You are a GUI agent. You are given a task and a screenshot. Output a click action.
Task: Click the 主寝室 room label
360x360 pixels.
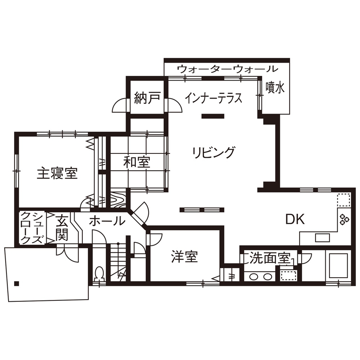point(57,174)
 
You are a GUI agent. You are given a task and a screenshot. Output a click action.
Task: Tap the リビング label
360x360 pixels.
point(213,152)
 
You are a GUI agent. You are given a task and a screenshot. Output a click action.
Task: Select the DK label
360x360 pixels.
point(295,219)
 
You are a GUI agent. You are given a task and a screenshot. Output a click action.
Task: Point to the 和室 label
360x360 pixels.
point(137,162)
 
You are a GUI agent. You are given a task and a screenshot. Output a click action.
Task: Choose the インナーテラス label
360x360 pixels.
point(213,98)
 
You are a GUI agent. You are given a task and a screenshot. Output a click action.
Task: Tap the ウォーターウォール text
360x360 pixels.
point(227,69)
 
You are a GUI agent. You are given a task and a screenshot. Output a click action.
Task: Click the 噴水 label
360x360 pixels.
point(275,88)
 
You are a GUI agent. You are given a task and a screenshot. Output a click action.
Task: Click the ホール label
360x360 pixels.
point(107,222)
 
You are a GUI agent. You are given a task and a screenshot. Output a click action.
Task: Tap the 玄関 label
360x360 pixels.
point(62,228)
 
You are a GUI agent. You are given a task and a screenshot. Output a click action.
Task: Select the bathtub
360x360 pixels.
point(338,265)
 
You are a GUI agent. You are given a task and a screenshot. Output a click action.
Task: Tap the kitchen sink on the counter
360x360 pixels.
point(321,237)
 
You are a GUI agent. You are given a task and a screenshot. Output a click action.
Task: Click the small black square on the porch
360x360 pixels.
point(17,283)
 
